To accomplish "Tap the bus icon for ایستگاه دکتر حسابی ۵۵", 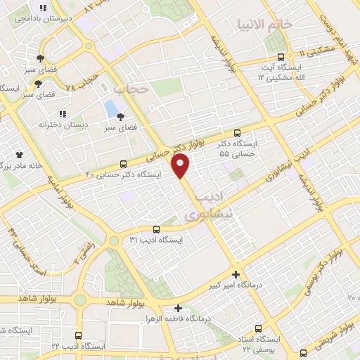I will click(x=237, y=132).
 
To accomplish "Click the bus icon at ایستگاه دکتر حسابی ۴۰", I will click(x=124, y=164).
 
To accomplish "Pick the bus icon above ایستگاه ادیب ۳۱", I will click(x=156, y=229).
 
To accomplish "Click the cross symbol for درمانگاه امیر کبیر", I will click(x=236, y=274).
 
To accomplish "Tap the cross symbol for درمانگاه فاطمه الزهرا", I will click(x=179, y=308).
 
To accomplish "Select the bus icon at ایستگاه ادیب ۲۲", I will click(x=78, y=335).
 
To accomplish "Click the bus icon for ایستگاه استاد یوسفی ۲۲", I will click(x=259, y=328).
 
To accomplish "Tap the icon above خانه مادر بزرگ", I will click(x=19, y=154).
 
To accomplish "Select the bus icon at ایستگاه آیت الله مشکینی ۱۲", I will click(x=281, y=57).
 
